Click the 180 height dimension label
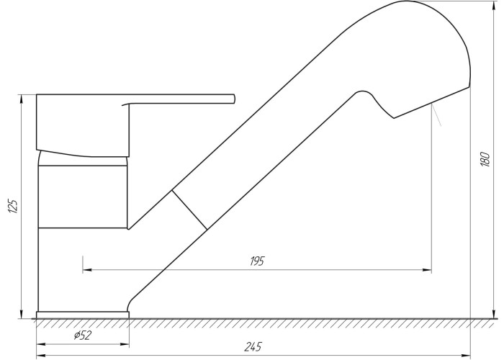click(485, 159)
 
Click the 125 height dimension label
click(13, 207)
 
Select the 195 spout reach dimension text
click(257, 261)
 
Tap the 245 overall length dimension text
click(253, 347)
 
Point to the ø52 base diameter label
click(83, 336)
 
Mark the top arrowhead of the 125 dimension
click(22, 99)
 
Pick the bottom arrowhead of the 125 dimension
click(22, 314)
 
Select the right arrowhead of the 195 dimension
click(427, 270)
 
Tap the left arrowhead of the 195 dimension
click(87, 270)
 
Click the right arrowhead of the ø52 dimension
click(125, 345)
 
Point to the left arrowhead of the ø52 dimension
click(41, 345)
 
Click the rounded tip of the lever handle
click(234, 99)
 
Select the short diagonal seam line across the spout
click(189, 210)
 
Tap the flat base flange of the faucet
click(83, 315)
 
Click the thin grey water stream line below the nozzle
click(436, 114)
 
